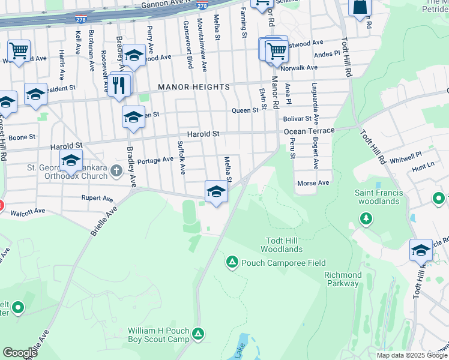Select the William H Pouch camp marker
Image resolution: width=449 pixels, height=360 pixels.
click(199, 334)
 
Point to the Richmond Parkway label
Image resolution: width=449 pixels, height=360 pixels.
click(343, 279)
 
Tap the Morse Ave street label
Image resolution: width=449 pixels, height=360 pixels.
click(313, 182)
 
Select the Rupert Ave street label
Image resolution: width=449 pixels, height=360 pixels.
click(98, 198)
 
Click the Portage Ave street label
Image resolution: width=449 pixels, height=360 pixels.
click(155, 160)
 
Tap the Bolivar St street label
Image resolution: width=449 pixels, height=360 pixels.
click(298, 119)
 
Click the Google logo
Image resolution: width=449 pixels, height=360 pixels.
click(20, 353)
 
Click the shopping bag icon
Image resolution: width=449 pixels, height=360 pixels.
click(360, 7)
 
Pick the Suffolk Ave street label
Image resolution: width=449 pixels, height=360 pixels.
click(181, 157)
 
